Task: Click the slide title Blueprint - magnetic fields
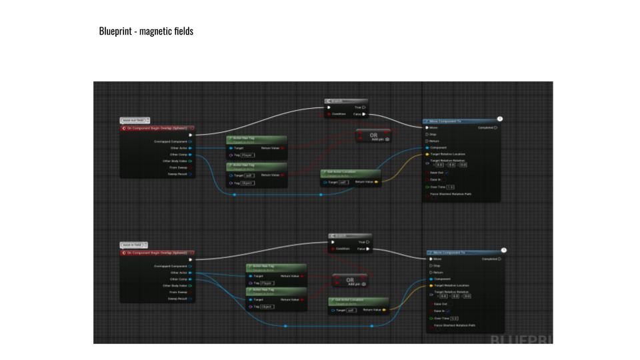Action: [x=146, y=31]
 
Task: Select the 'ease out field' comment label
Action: [x=134, y=120]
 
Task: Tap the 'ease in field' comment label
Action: [x=134, y=245]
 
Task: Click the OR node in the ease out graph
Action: [x=373, y=135]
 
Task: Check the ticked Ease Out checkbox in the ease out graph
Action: [x=447, y=173]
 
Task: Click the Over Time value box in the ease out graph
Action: [x=450, y=187]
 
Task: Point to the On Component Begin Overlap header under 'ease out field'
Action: [x=157, y=127]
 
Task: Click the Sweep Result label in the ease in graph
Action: [x=177, y=299]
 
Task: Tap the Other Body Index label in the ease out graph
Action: [x=175, y=161]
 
